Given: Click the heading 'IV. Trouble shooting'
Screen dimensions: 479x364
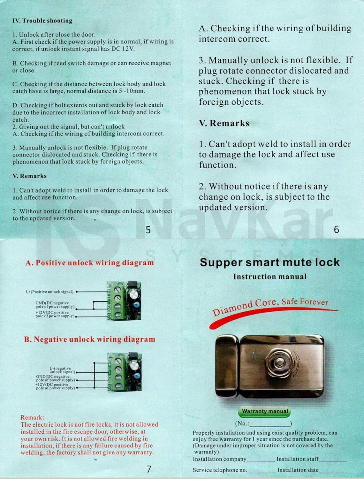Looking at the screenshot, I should (x=42, y=21).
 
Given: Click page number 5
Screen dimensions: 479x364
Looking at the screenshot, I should (x=148, y=230).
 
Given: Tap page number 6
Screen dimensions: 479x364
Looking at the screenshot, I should (x=336, y=229).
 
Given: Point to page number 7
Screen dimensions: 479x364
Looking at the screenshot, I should (x=149, y=469).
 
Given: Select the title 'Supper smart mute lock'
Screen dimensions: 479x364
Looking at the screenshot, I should (x=269, y=262).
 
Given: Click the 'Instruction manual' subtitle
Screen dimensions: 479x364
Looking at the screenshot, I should (x=269, y=277).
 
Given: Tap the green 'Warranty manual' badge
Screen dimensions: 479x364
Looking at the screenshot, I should (x=265, y=411).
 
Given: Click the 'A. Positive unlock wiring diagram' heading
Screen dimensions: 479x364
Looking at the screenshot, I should (x=89, y=263).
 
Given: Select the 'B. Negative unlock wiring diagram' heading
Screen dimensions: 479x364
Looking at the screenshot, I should (x=89, y=339).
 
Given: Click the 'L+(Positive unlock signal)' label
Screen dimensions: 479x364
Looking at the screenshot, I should (x=49, y=292).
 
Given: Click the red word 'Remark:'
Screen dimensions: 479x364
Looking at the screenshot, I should (x=32, y=417).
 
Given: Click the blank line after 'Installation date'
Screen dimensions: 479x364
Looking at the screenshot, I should (x=333, y=471).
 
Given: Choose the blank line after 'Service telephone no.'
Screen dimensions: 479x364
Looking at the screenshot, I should (x=262, y=471).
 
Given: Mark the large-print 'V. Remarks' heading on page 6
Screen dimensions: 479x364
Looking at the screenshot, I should (x=224, y=123).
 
